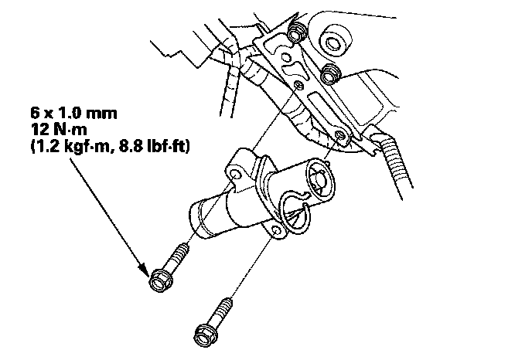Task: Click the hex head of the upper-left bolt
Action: (x=159, y=279)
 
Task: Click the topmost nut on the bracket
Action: (x=295, y=33)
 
